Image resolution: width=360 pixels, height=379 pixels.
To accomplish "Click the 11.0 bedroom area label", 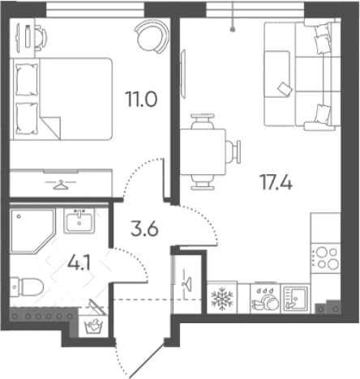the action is coord(141,99).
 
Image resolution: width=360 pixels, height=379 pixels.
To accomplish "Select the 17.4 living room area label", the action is coord(276,182).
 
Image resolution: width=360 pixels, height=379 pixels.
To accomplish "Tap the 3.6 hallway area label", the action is coord(144,229).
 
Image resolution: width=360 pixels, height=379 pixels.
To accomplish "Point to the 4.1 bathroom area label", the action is coord(79,263).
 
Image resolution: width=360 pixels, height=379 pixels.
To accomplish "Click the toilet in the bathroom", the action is coord(27,287).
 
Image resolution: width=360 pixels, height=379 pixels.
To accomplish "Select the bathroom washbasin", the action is coord(79,220).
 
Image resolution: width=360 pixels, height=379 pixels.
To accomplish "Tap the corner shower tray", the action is coord(32,231).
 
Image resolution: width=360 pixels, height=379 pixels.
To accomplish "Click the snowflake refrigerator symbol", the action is coord(222,298).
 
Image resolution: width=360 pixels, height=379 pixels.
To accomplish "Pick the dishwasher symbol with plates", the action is coord(265,299).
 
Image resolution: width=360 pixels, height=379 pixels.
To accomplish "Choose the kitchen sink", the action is coord(295,299).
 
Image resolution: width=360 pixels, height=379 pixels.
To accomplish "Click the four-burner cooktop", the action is coord(326,258).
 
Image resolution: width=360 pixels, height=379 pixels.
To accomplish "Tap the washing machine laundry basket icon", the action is coord(93,326).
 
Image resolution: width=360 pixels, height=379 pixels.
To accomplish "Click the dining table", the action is coord(203,151).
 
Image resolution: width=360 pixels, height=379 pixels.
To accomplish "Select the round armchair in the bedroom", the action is coord(152,36).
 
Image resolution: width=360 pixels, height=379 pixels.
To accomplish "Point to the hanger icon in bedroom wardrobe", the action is coord(61,185).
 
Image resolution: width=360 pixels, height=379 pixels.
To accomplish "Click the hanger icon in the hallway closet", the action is coord(186,283).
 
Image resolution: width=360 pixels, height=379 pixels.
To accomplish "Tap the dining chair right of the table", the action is coord(234,151).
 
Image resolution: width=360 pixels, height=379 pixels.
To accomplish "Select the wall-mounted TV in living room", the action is coord(183,74).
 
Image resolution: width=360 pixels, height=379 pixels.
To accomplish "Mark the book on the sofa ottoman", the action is coord(285,88).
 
